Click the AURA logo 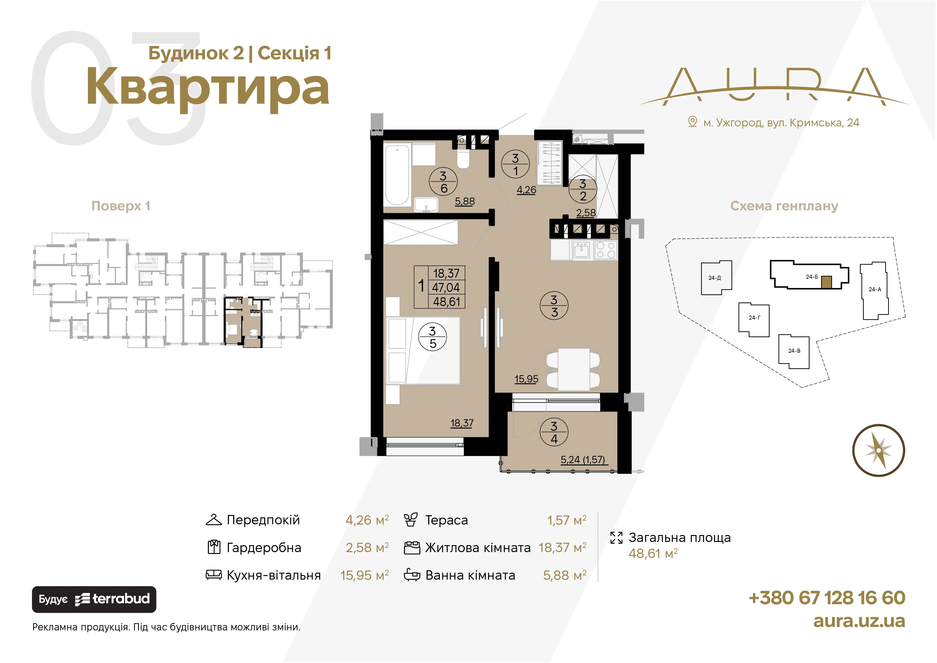coord(774,87)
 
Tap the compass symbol coord(879,450)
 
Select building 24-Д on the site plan coord(716,278)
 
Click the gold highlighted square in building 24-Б coord(826,282)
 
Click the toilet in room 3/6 coord(463,158)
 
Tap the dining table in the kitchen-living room coord(573,369)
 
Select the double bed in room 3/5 coord(423,350)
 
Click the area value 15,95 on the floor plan coord(526,379)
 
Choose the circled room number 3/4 coord(554,432)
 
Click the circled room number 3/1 coord(516,164)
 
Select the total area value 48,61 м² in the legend coord(653,554)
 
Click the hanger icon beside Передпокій coord(213,520)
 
